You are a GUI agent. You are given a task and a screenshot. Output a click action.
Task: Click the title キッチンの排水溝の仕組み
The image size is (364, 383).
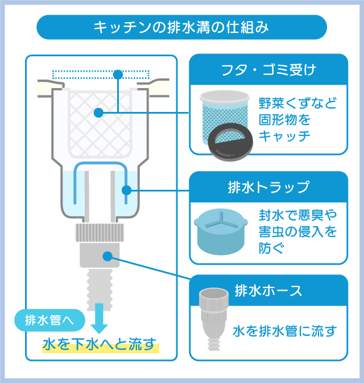[181, 27]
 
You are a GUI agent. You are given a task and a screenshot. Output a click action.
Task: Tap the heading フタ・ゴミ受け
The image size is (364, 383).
[268, 70]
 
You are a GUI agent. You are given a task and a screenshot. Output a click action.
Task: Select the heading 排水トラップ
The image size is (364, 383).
[268, 188]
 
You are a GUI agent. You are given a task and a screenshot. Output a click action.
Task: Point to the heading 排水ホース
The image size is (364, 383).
[268, 291]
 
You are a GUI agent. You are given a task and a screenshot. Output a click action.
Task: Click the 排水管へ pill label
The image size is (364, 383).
[49, 320]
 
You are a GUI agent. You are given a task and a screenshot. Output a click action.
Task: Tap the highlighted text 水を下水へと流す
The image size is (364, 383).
[100, 344]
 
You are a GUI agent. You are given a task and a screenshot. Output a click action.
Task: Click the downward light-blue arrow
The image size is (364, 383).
[100, 318]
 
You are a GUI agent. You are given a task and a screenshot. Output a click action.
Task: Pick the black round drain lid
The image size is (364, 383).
[230, 141]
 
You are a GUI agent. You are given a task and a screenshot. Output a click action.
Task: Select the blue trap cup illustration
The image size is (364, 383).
[221, 231]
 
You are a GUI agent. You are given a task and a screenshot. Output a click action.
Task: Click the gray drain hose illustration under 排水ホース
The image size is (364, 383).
[213, 319]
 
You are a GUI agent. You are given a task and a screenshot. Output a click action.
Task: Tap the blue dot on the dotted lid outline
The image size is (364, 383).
[118, 74]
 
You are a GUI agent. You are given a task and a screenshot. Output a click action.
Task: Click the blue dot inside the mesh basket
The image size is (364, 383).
[98, 113]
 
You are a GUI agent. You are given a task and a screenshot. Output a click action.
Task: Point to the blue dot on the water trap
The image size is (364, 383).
[126, 190]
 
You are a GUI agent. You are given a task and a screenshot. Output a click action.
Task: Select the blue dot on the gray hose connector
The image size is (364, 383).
[107, 256]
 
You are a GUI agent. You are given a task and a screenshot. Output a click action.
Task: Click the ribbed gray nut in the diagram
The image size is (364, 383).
[100, 232]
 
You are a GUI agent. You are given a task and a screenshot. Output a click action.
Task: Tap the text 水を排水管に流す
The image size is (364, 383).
[285, 331]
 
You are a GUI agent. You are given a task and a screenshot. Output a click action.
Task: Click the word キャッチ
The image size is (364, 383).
[284, 136]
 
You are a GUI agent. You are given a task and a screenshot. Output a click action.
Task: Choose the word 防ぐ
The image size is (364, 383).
[272, 248]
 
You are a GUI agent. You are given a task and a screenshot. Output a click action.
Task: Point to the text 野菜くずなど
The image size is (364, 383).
[298, 103]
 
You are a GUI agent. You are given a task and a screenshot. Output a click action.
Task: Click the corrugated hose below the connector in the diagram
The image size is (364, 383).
[100, 289]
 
